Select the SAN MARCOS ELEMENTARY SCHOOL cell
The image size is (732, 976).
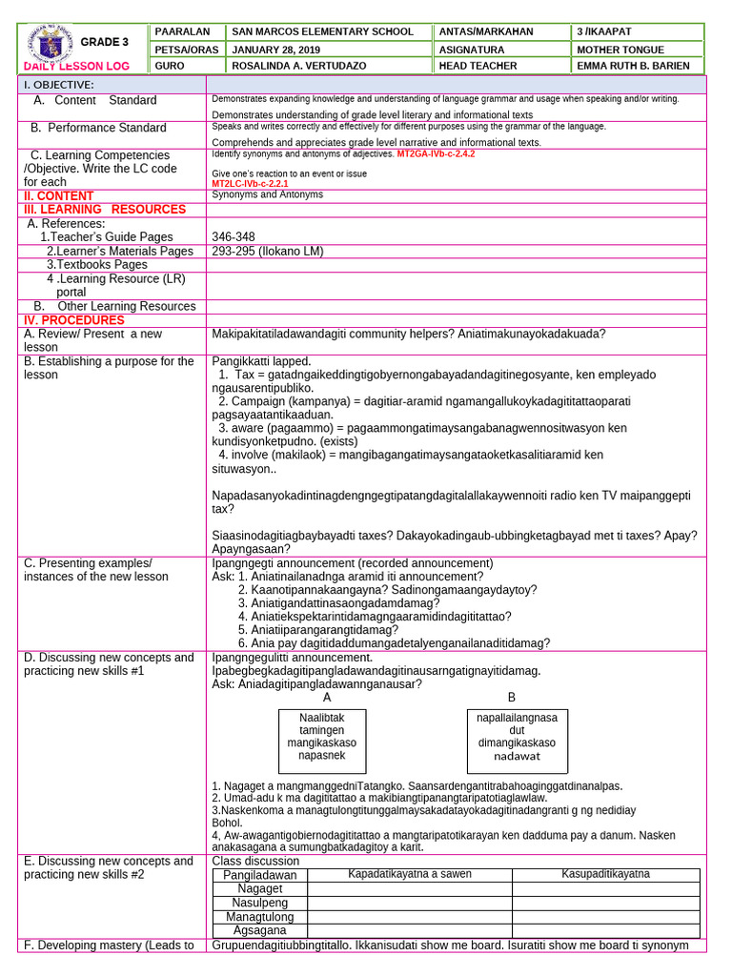click(x=323, y=31)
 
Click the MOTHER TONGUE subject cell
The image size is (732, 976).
click(x=618, y=49)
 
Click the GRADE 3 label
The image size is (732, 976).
click(x=104, y=42)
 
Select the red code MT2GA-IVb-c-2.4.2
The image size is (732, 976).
click(x=436, y=153)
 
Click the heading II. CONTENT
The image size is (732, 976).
click(x=58, y=195)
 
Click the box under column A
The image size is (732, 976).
click(x=327, y=741)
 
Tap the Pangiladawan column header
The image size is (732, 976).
click(x=260, y=875)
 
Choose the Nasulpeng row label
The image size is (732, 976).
click(x=259, y=903)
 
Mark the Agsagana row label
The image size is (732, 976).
click(x=259, y=930)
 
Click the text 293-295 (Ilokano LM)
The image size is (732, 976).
click(x=268, y=251)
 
